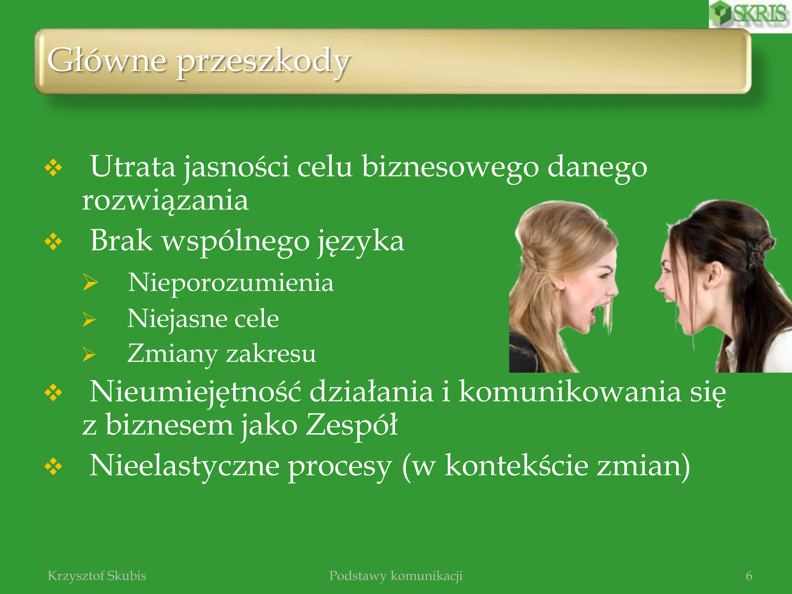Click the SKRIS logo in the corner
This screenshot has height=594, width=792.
749,14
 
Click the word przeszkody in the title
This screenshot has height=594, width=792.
263,62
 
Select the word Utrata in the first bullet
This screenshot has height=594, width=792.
133,167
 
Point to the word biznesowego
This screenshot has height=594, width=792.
450,167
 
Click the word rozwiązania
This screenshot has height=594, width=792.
165,201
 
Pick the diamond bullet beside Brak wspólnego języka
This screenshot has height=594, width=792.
53,242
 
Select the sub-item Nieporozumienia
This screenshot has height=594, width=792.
230,282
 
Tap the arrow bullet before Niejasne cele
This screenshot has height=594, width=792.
89,319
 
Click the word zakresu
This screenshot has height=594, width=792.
271,353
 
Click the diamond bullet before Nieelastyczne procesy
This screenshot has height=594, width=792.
53,466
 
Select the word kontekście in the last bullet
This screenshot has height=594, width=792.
517,466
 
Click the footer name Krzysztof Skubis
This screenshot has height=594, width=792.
97,576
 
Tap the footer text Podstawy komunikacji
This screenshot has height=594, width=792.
396,576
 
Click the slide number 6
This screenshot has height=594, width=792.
749,576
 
